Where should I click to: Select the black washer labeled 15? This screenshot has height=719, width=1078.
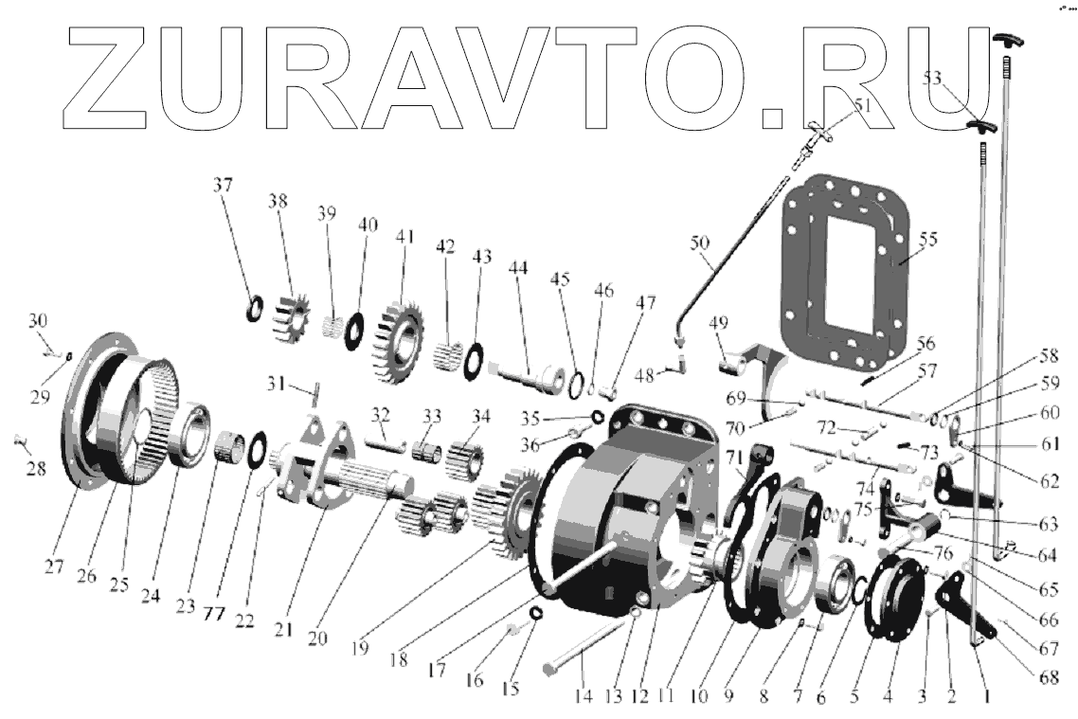[534, 614]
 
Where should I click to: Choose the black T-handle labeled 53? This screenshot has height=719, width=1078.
[979, 127]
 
